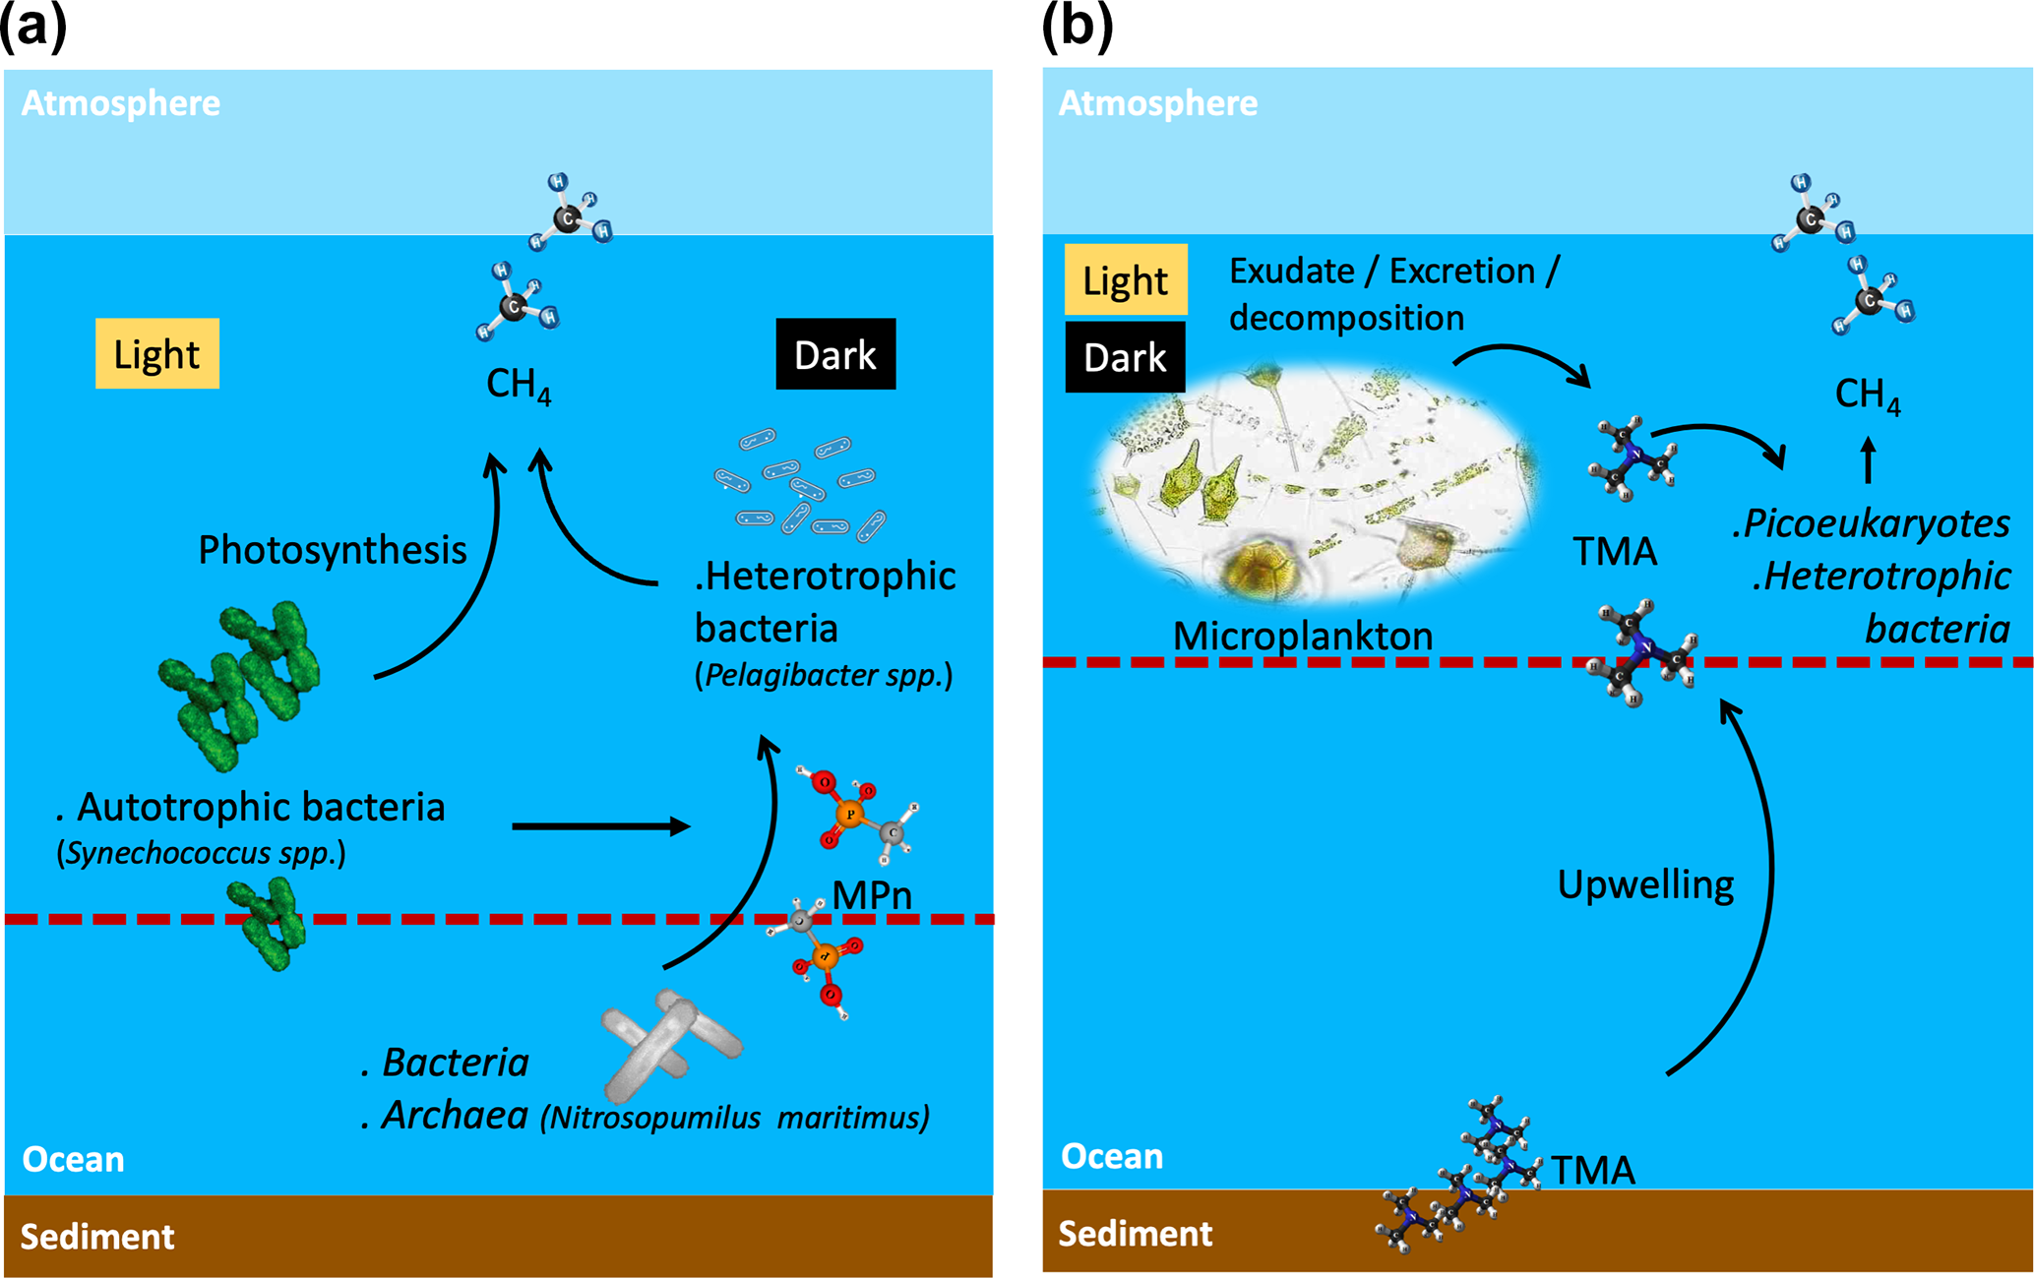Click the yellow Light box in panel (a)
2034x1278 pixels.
click(156, 354)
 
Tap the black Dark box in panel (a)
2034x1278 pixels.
click(835, 354)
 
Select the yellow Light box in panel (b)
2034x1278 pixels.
click(1126, 280)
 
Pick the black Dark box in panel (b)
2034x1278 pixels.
click(1125, 357)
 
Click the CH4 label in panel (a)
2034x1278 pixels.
click(519, 386)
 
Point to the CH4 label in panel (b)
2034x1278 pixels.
click(1867, 396)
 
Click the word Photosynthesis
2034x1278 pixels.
click(333, 550)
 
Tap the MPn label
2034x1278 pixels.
click(872, 895)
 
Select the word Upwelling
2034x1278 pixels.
click(1645, 884)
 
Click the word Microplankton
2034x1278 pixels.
click(1303, 637)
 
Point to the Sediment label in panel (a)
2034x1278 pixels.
click(97, 1237)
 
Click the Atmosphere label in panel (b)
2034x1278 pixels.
click(1158, 103)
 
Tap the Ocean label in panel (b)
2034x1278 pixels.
click(1112, 1156)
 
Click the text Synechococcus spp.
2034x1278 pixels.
click(202, 853)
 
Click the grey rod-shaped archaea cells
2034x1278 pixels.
click(669, 1043)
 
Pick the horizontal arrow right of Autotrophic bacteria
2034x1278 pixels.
click(600, 826)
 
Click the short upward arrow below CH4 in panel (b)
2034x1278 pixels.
click(1868, 460)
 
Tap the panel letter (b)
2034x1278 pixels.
click(1077, 26)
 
